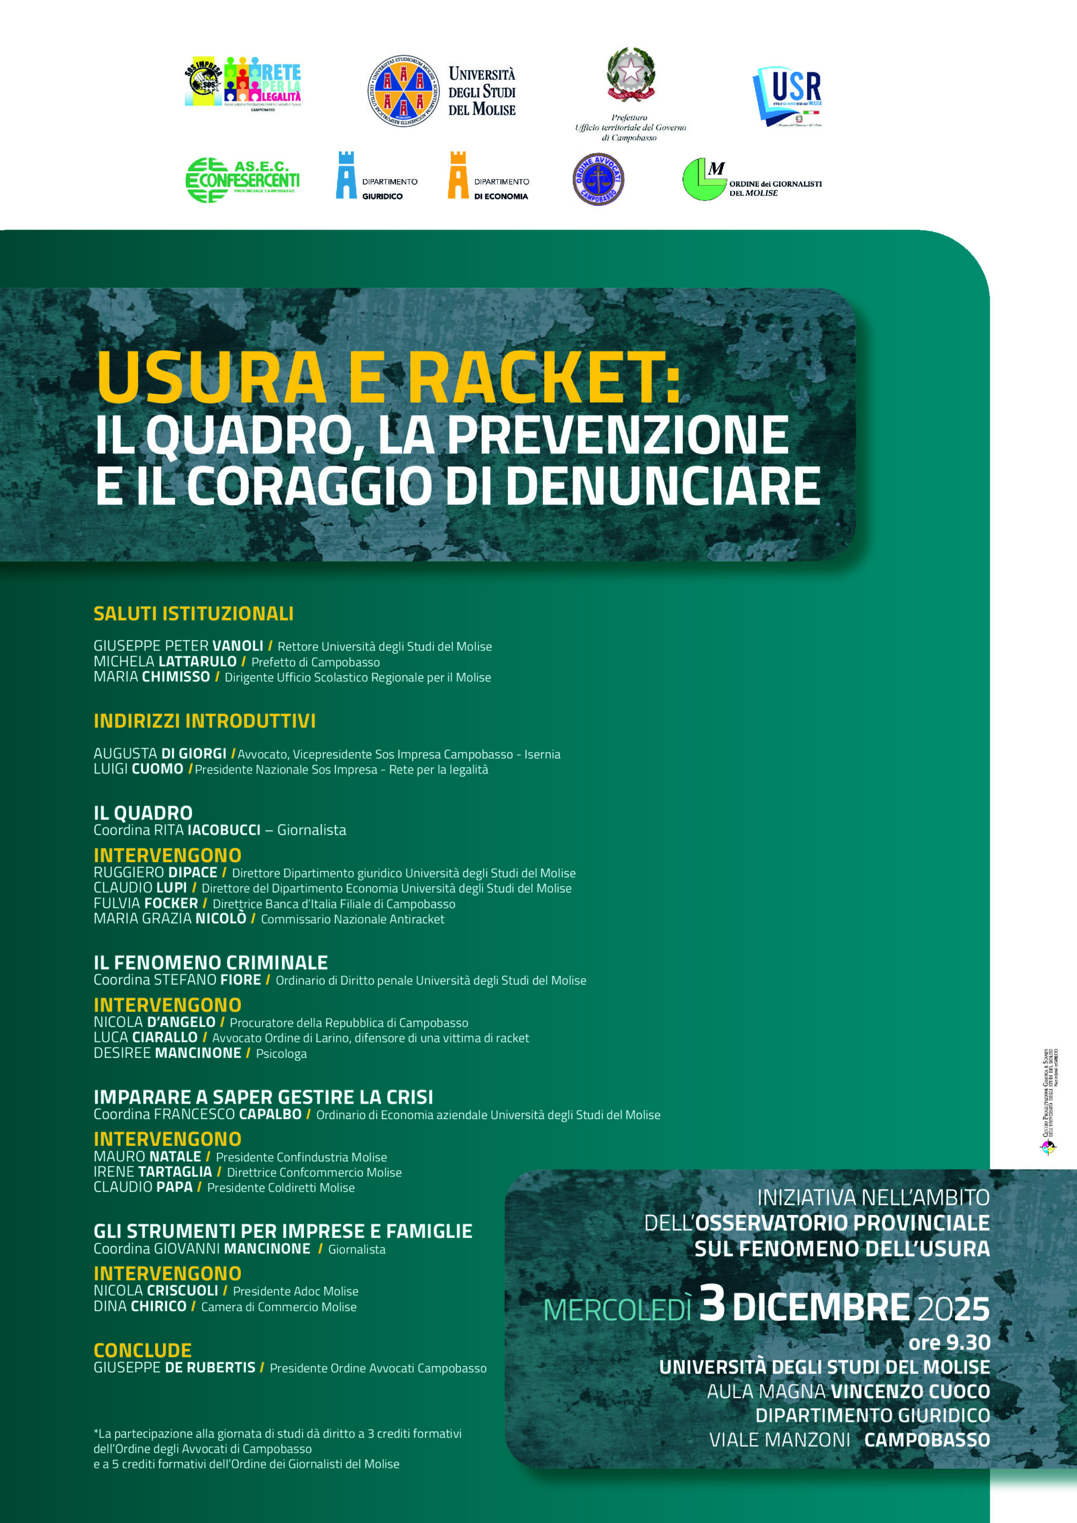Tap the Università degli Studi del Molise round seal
point(403,91)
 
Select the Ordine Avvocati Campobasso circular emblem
point(598,179)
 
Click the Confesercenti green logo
point(242,180)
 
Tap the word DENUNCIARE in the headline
point(662,485)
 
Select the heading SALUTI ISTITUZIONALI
point(193,613)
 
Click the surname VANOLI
point(237,645)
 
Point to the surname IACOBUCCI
point(224,830)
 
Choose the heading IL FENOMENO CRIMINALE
point(211,963)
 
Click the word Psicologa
point(281,1054)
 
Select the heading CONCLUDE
point(143,1350)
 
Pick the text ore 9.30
point(949,1343)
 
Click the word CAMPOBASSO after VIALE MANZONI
point(927,1440)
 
